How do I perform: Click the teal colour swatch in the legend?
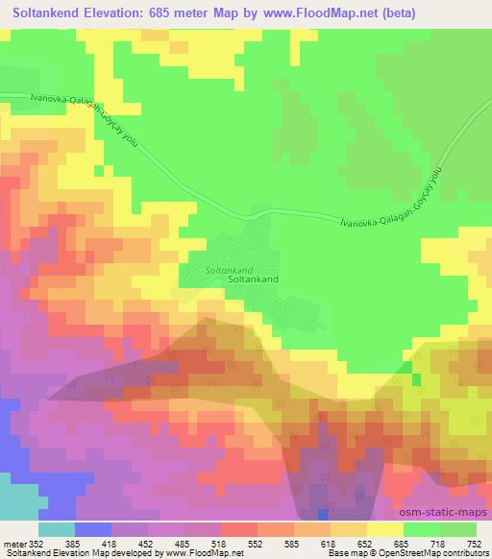pyautogui.click(x=56, y=528)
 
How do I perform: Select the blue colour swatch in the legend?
pyautogui.click(x=91, y=528)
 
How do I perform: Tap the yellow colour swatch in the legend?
pyautogui.click(x=384, y=528)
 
